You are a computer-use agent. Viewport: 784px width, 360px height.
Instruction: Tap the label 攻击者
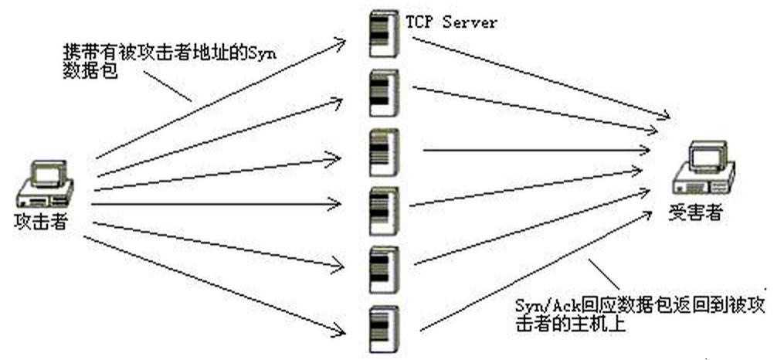point(41,222)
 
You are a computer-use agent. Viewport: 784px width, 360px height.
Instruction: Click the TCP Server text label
point(452,22)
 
